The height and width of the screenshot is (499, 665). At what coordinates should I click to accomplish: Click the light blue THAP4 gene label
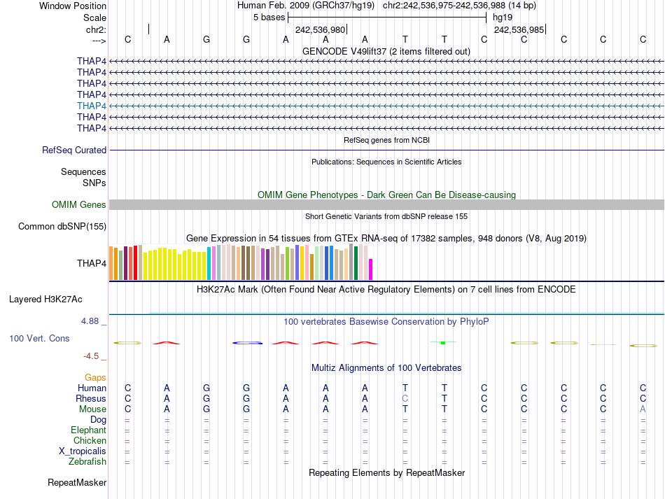(x=92, y=106)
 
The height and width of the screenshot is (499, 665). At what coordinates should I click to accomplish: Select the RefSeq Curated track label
(x=74, y=150)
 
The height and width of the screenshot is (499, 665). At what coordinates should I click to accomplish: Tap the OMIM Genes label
(x=79, y=205)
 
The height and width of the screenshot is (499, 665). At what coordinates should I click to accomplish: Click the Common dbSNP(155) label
(x=62, y=226)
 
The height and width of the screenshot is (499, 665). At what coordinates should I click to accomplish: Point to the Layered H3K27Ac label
(x=45, y=299)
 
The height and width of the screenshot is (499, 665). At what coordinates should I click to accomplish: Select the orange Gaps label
(x=95, y=377)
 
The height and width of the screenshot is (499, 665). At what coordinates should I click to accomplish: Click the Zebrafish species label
(x=87, y=462)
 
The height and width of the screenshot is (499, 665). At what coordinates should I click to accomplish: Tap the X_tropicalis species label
(x=83, y=451)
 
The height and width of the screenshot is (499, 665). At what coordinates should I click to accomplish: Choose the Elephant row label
(x=88, y=430)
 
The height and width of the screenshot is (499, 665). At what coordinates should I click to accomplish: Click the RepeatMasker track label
(x=77, y=483)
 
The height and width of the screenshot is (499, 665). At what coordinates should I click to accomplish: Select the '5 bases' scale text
(x=269, y=17)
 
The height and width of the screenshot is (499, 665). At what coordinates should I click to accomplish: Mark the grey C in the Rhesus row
(x=405, y=398)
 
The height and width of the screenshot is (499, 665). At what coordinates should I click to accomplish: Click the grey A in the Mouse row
(x=643, y=409)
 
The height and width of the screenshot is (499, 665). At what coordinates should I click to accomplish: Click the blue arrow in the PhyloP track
(x=247, y=342)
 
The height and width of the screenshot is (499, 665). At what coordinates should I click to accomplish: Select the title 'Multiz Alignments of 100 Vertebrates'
(x=386, y=367)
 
